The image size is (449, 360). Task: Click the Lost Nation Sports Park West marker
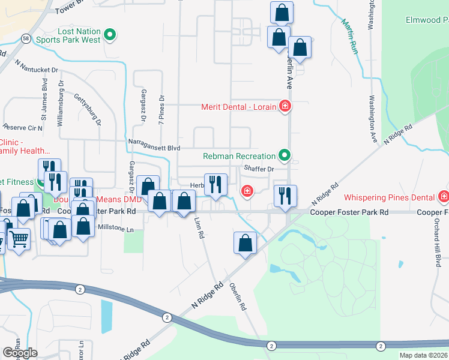[110, 35]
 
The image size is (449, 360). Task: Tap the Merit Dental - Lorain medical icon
[285, 107]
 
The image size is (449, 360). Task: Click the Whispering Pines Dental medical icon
[444, 197]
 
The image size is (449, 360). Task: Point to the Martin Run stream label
[350, 36]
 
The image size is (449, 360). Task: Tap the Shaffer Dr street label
[259, 169]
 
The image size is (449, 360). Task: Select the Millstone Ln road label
[110, 229]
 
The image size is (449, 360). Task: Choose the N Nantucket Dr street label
[37, 66]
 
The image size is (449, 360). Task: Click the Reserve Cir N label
[23, 127]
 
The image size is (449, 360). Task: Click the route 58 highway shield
[25, 38]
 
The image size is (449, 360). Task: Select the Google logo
[20, 353]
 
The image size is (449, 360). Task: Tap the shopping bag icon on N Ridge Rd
[245, 242]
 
